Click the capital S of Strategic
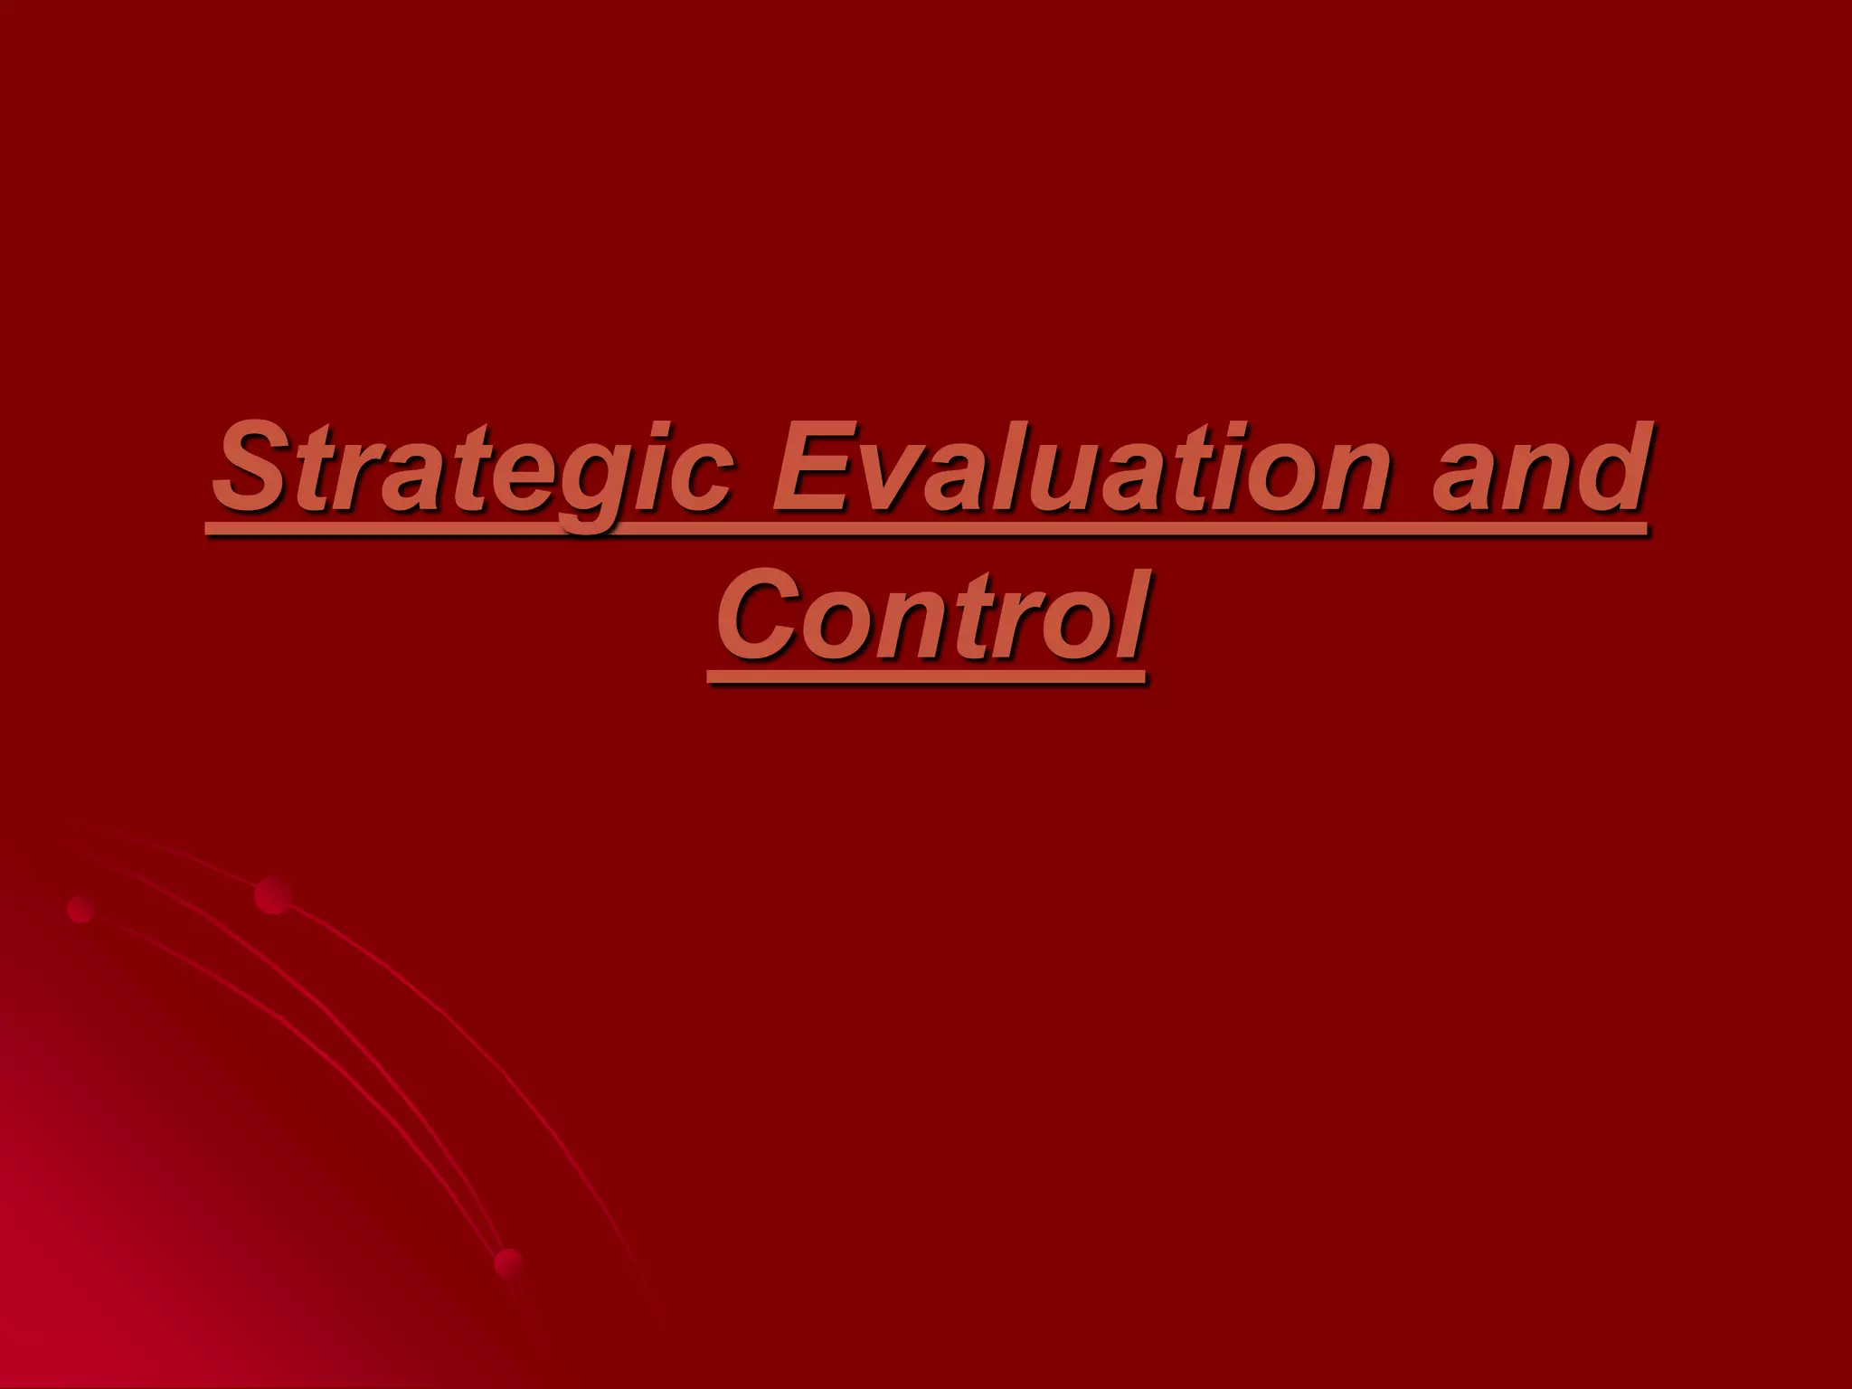pos(254,470)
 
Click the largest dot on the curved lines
pos(272,895)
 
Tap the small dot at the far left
pos(81,909)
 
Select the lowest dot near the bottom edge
pos(508,1262)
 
